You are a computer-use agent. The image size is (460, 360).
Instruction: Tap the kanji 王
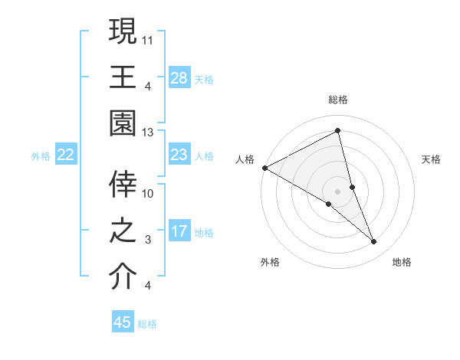pos(123,77)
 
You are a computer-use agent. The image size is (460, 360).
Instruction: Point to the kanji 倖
pos(123,185)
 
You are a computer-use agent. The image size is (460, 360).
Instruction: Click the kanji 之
pos(123,231)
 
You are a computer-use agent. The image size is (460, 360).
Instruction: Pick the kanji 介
pos(123,277)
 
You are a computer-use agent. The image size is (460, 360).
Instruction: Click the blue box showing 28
pos(179,77)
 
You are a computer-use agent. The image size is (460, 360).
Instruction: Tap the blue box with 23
pos(179,155)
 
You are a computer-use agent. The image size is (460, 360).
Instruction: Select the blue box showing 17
pos(179,231)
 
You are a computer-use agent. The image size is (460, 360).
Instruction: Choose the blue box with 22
pos(66,155)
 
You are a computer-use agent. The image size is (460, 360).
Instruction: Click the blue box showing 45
pos(123,322)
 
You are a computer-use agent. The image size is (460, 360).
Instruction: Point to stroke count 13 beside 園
pos(148,133)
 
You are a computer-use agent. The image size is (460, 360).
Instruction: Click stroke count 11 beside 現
pos(148,39)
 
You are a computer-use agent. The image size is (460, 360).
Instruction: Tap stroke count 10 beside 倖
pos(148,193)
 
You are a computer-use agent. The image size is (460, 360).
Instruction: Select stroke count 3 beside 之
pos(148,240)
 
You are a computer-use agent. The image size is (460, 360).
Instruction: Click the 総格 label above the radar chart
pos(337,100)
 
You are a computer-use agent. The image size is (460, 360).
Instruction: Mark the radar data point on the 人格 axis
pos(264,168)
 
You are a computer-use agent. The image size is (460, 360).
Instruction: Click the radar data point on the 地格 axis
pos(373,241)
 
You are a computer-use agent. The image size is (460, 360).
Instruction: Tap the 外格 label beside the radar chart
pos(270,262)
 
